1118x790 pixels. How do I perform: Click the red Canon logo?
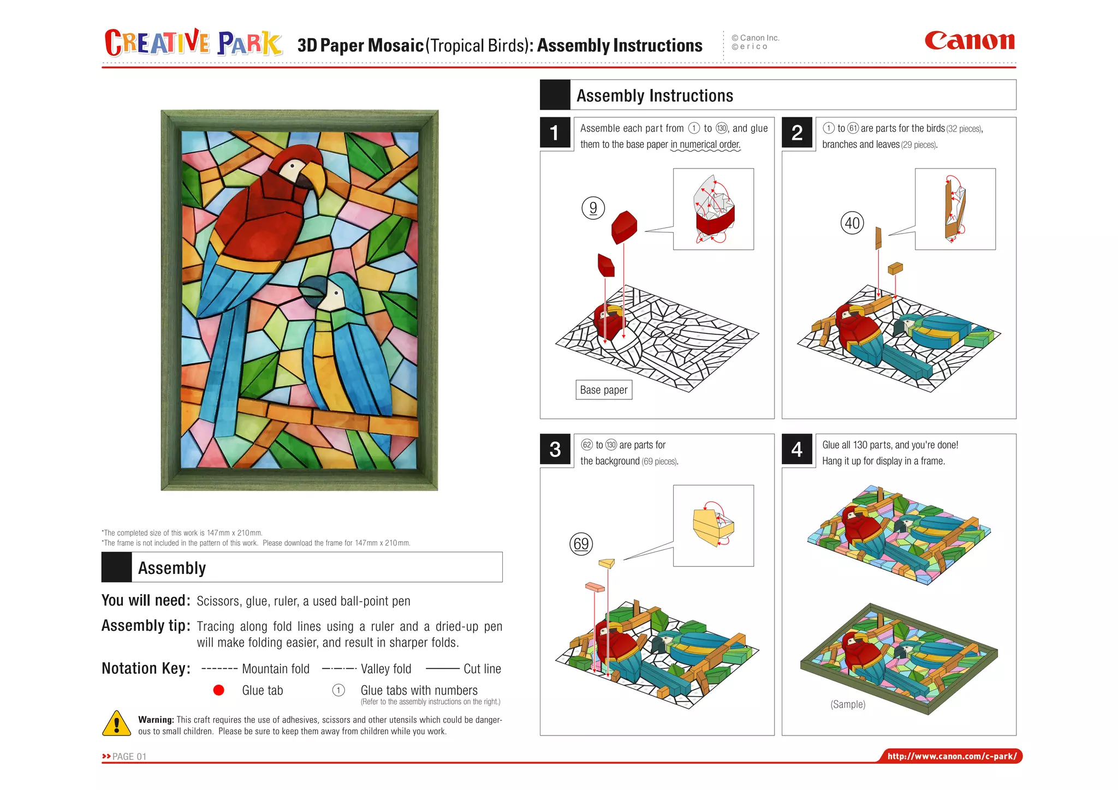970,41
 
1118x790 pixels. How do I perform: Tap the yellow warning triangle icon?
116,724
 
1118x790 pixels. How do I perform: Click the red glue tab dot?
218,690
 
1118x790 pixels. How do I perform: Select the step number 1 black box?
555,133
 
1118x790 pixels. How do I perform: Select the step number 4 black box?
796,449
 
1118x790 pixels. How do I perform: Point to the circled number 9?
593,208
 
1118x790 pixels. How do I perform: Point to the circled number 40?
852,223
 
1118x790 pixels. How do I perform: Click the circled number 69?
581,543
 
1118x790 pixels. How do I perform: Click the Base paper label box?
604,390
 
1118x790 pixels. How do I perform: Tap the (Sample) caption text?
848,704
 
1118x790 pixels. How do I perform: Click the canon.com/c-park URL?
952,756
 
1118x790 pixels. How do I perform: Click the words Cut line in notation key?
482,669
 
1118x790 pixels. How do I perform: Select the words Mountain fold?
275,669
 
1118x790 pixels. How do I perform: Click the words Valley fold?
385,669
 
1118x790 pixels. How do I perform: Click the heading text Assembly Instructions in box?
655,96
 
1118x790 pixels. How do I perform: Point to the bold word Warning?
156,720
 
